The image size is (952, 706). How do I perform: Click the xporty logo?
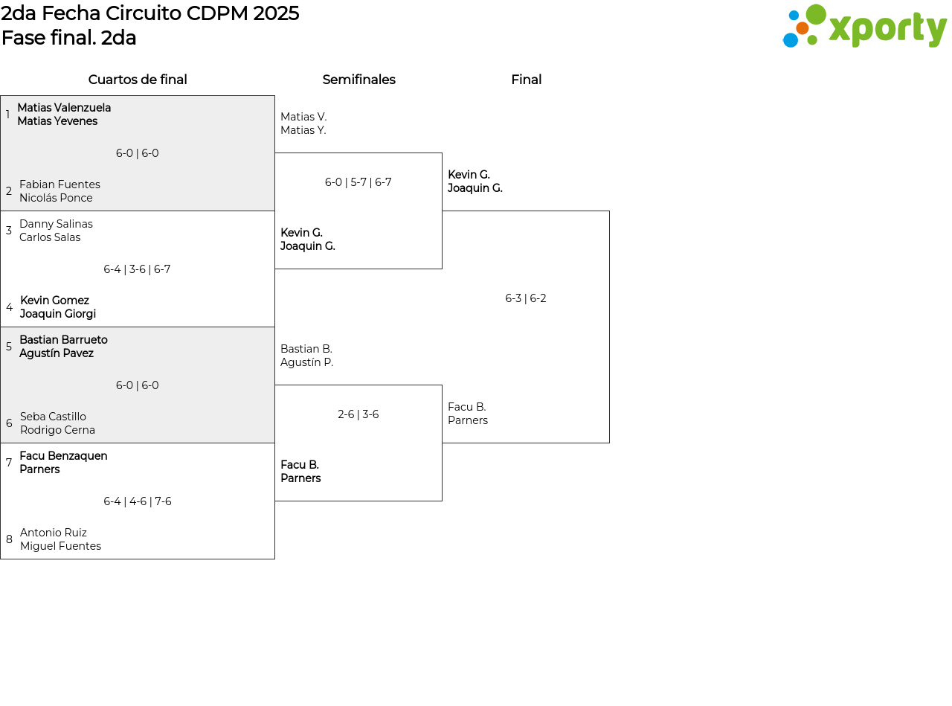click(864, 26)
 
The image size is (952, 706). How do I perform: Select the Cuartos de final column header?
click(138, 80)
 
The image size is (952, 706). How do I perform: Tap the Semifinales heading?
click(358, 80)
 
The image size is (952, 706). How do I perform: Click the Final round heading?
click(527, 80)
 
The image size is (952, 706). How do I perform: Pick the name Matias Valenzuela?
click(64, 107)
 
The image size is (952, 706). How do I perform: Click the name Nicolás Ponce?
click(56, 198)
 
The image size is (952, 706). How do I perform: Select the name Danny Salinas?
click(56, 224)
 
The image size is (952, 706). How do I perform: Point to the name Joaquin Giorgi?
click(58, 313)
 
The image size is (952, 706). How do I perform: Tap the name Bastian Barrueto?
click(63, 340)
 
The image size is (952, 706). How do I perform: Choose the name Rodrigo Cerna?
click(57, 430)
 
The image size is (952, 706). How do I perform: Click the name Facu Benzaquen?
click(63, 455)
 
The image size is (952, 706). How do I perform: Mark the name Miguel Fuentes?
click(60, 546)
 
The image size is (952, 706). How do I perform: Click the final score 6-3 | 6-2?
click(526, 298)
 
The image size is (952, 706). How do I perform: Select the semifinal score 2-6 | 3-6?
click(358, 414)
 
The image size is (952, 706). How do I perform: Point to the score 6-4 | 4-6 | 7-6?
click(138, 501)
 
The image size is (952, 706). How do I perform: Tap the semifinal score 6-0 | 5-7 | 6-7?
click(358, 182)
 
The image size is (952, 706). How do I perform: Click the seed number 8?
click(9, 539)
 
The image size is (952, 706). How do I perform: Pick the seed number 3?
click(9, 230)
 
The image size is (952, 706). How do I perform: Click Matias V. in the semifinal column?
click(303, 116)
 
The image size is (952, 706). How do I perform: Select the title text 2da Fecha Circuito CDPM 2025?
click(149, 13)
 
